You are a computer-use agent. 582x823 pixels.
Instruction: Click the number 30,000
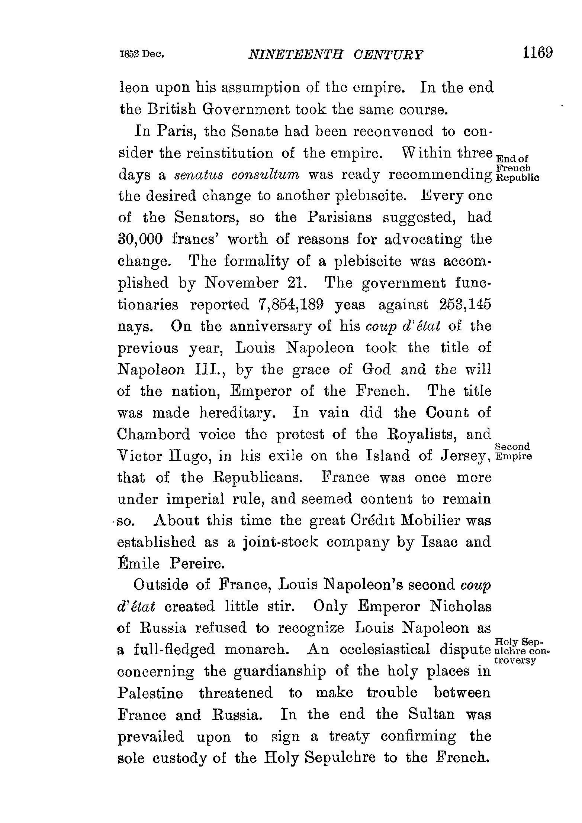(x=140, y=240)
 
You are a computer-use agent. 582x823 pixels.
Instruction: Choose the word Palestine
(x=150, y=693)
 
